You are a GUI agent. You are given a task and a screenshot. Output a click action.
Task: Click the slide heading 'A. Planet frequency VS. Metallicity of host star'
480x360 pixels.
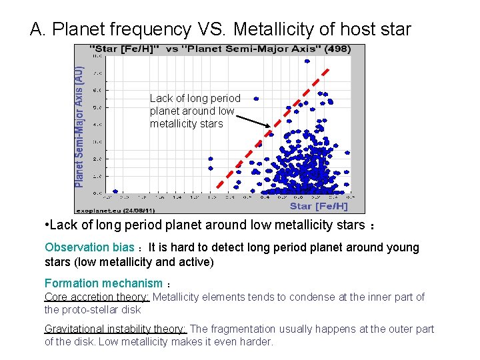(x=221, y=29)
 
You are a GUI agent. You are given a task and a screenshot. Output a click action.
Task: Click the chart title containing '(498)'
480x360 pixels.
(x=220, y=49)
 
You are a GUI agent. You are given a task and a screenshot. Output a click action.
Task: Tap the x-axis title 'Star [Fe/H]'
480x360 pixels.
(x=319, y=206)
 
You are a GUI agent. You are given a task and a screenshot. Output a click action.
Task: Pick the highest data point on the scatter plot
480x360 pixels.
(x=307, y=61)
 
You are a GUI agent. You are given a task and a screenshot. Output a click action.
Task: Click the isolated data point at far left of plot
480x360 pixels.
(x=115, y=191)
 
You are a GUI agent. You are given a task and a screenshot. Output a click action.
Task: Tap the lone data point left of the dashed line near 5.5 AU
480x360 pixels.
(x=255, y=99)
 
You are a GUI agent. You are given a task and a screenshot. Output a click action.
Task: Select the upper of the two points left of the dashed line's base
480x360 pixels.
(x=211, y=159)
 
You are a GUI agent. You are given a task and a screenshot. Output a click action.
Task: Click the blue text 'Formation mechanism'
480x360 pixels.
(x=103, y=283)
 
